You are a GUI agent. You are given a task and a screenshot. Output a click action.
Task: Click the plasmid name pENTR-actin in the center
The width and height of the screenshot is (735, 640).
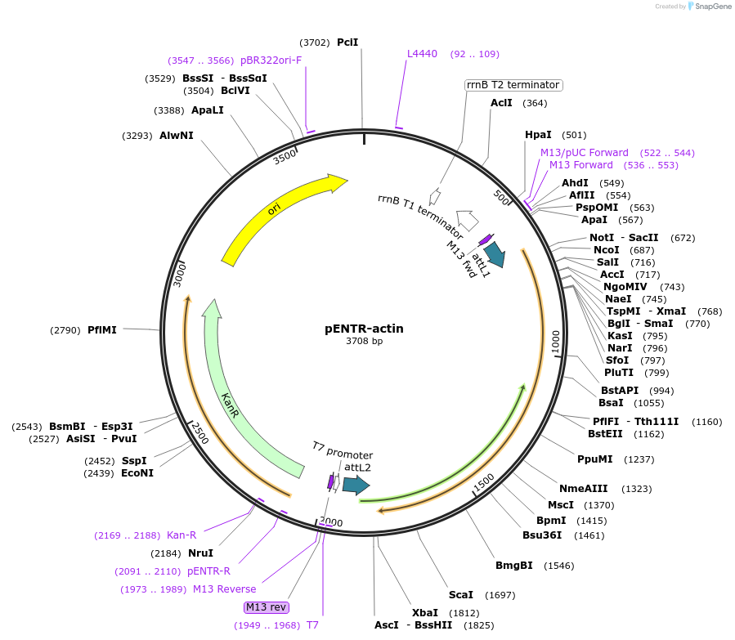pos(364,329)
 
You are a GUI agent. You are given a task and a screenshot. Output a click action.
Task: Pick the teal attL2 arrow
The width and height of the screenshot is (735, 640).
pos(356,486)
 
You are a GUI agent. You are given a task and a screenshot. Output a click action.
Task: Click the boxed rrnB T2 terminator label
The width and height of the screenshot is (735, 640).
pos(513,85)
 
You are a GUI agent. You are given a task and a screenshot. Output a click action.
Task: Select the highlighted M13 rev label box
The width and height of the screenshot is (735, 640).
pos(267,606)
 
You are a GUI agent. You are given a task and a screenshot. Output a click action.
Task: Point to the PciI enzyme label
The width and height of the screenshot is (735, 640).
pos(347,42)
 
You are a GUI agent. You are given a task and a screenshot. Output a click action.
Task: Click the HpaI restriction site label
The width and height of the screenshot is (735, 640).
pos(538,134)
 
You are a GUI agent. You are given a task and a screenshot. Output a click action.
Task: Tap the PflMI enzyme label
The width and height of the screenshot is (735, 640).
pos(102,329)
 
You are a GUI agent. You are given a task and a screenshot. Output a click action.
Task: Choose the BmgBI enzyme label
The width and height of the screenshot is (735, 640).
pos(513,565)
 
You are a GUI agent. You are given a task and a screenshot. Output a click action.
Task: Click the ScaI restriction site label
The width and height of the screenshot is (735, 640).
pos(460,594)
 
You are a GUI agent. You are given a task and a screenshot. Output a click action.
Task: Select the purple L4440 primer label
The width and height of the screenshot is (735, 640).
pos(423,54)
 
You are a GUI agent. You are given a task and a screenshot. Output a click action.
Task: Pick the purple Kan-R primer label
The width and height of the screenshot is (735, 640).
pos(182,535)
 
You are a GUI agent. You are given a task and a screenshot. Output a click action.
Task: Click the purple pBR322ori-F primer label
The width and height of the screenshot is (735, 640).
pos(271,60)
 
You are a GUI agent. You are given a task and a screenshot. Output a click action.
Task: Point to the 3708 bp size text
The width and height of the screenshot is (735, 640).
pos(364,342)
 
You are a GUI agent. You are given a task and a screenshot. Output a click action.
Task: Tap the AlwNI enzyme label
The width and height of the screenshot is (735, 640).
pos(177,135)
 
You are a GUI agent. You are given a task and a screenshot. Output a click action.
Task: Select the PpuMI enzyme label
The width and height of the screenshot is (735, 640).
pos(594,459)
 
